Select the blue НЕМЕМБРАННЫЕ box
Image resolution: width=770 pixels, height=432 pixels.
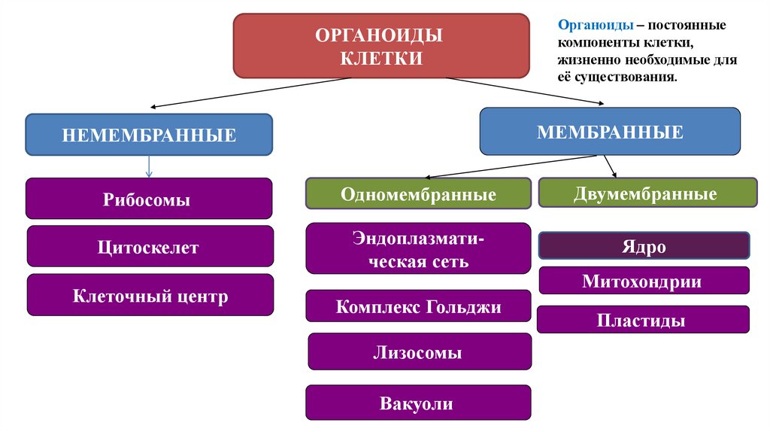(149, 135)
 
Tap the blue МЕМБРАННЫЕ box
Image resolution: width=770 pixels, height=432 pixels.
(610, 132)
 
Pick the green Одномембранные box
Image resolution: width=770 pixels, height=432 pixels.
(418, 194)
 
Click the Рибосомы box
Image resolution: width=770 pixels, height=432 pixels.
(147, 199)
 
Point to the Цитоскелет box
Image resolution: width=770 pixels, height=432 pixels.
(147, 246)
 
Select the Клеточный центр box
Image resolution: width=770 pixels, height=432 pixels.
(150, 295)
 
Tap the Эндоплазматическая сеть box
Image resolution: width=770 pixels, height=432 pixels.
(418, 248)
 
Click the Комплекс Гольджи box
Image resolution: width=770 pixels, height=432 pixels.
(418, 306)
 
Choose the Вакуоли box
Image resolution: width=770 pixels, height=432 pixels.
(418, 403)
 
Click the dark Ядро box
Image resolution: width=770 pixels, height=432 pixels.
(644, 246)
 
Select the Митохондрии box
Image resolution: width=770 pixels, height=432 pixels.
(644, 281)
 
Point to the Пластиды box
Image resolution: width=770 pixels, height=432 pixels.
(643, 320)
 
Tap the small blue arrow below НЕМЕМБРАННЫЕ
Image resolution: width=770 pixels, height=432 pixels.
(149, 166)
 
